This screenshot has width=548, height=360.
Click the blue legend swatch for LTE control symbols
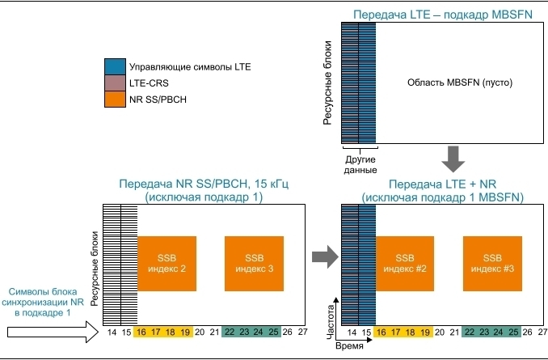coord(115,66)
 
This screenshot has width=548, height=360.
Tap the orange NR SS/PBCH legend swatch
coord(115,100)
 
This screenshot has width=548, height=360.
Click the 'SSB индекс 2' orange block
coord(167,263)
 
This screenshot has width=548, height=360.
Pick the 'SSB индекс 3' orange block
coord(254,263)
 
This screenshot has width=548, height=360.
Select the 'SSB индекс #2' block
coord(405,263)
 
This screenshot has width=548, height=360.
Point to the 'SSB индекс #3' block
coord(492,263)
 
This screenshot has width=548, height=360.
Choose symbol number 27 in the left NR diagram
coord(303,332)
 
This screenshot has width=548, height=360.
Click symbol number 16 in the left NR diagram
coord(141,332)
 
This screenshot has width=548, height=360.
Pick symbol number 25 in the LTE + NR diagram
coord(513,332)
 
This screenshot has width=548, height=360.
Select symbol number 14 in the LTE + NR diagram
coord(352,332)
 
